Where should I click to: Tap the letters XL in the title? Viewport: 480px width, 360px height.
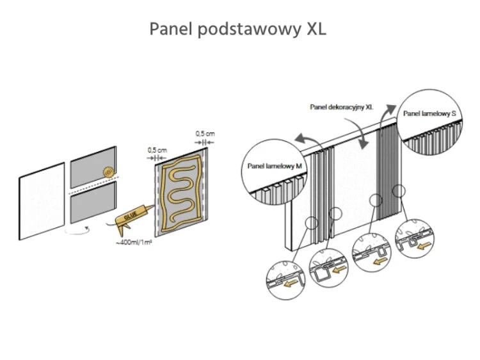click(x=313, y=29)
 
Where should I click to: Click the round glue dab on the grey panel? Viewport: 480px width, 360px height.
click(x=108, y=172)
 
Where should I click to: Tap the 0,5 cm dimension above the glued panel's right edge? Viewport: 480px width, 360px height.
click(x=205, y=133)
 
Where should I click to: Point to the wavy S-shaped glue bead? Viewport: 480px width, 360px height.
click(x=184, y=186)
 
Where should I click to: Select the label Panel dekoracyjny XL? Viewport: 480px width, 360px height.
click(x=341, y=108)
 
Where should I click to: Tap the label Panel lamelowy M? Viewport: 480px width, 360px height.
click(x=274, y=166)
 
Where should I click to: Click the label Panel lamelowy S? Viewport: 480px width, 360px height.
click(x=429, y=113)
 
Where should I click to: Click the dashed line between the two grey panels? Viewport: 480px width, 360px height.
click(x=93, y=190)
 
